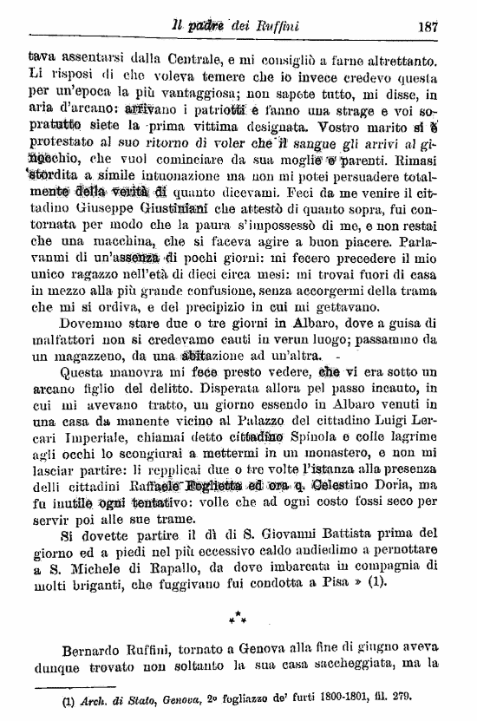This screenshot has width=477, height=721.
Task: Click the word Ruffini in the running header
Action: pos(277,25)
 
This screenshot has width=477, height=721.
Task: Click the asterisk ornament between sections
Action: pos(238,618)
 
